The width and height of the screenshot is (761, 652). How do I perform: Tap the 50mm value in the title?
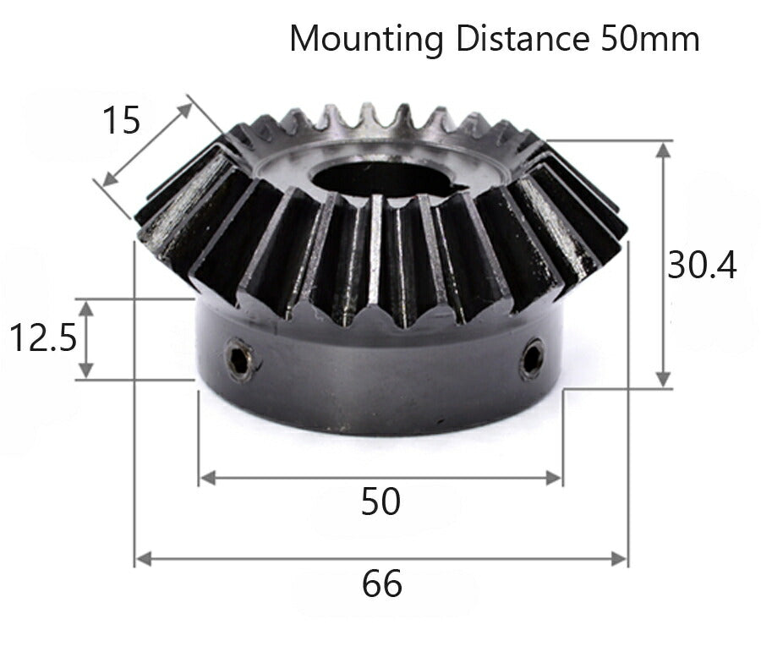point(650,38)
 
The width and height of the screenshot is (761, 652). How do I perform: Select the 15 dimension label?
point(121,121)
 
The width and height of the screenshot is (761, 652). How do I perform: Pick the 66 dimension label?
point(382,584)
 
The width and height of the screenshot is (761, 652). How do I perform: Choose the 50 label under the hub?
point(380,502)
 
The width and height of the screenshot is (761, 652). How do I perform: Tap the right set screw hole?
point(532,358)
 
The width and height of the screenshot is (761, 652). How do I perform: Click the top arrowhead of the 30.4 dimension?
point(664,150)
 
